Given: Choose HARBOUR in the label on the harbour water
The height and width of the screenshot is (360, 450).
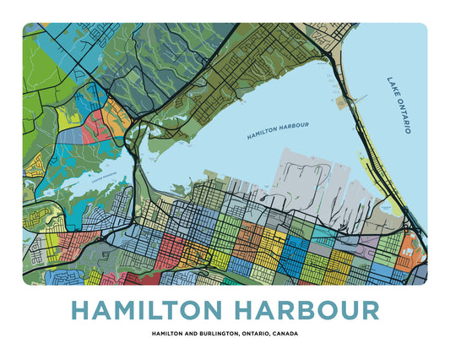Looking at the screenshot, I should coord(295,125).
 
